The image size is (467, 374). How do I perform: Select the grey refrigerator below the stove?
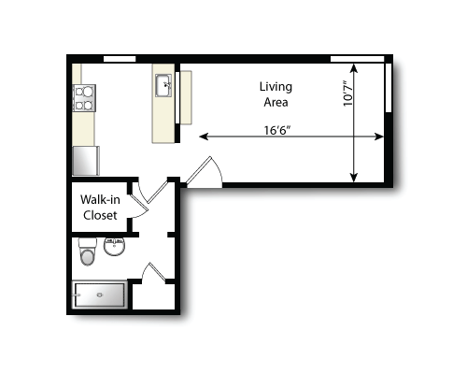pyautogui.click(x=86, y=160)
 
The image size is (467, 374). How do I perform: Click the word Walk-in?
pyautogui.click(x=98, y=200)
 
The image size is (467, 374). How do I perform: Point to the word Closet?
pyautogui.click(x=100, y=216)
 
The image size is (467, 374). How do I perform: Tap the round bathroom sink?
pyautogui.click(x=115, y=248)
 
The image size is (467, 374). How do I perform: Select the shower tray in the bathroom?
pyautogui.click(x=100, y=295)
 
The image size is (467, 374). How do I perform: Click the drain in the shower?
pyautogui.click(x=100, y=295)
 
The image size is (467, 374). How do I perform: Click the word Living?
pyautogui.click(x=275, y=87)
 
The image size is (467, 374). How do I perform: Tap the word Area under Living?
pyautogui.click(x=275, y=102)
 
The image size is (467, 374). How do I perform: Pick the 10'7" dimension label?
pyautogui.click(x=347, y=93)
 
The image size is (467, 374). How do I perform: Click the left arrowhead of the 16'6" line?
pyautogui.click(x=202, y=137)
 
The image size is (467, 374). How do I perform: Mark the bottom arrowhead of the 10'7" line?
pyautogui.click(x=353, y=179)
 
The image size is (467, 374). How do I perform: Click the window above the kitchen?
pyautogui.click(x=119, y=59)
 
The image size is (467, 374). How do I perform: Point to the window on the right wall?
pyautogui.click(x=388, y=89)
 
